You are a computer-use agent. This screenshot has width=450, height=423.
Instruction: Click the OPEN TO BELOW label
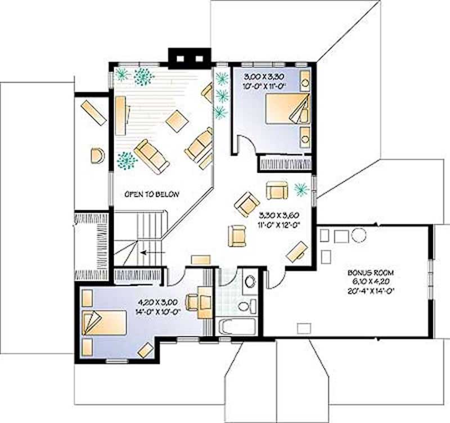click(151, 195)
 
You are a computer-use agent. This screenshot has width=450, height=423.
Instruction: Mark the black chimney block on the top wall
click(188, 57)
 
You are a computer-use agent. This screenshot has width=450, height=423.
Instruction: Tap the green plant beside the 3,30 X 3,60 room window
click(301, 190)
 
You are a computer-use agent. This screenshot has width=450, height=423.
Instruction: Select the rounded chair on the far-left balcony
click(97, 155)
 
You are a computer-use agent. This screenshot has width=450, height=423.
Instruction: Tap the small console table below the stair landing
click(200, 259)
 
